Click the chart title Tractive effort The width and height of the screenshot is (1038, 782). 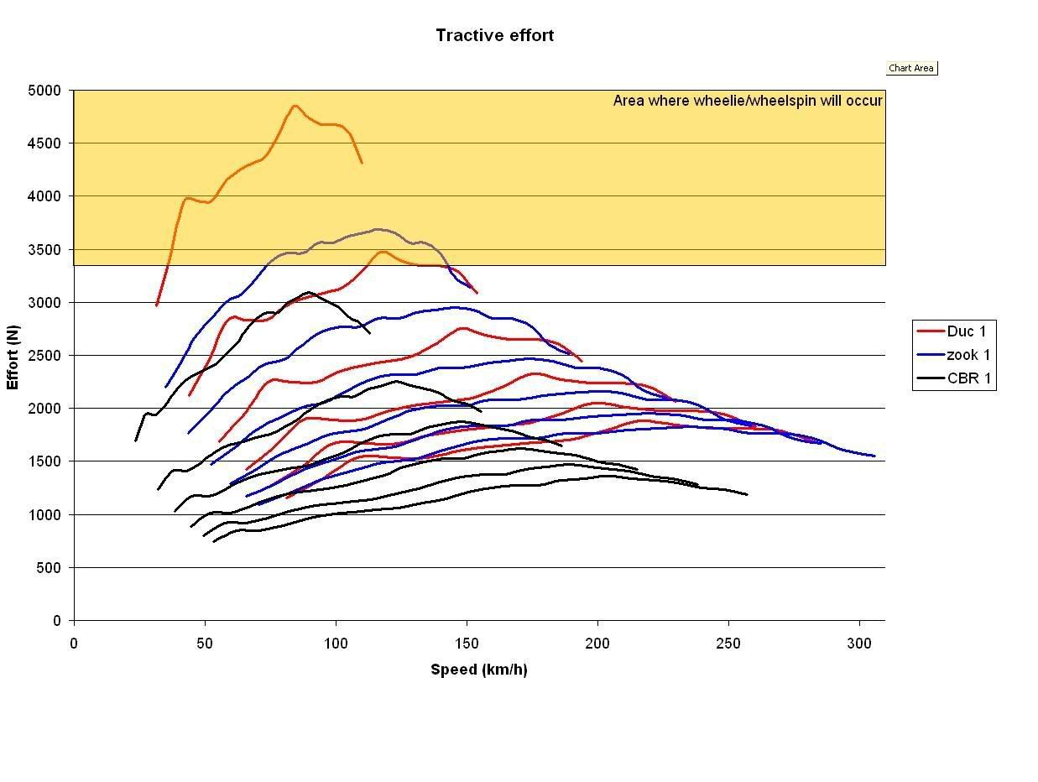coord(494,35)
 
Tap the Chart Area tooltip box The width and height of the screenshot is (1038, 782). coord(910,68)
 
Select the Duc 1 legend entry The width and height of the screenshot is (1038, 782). coord(966,331)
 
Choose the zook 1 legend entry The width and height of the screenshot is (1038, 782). coord(968,355)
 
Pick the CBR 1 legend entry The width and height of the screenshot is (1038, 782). coord(968,378)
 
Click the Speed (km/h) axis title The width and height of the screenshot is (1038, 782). coord(478,670)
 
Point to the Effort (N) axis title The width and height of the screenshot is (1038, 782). coord(13,357)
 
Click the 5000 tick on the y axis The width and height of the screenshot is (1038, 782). coord(45,91)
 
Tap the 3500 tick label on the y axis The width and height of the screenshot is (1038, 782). coord(45,250)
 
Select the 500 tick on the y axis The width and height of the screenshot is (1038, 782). coord(52,568)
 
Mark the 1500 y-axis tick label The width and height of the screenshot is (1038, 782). coord(45,461)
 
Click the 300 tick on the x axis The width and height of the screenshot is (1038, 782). coord(859,644)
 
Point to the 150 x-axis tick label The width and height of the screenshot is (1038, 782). coord(467,644)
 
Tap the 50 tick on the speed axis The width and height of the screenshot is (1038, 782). coord(205,644)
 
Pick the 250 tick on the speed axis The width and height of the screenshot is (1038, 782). coord(728,644)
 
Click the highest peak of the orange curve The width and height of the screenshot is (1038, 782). coord(295,106)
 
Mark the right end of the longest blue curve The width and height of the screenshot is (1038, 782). coord(874,456)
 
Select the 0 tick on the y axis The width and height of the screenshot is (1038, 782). coord(57,621)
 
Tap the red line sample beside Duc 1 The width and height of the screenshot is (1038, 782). coord(931,331)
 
